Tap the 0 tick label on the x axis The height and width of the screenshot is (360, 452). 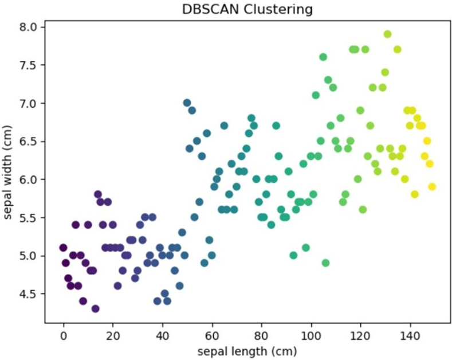coord(64,333)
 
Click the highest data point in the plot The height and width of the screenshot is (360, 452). coord(387,34)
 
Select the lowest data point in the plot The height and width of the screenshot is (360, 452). coord(95,308)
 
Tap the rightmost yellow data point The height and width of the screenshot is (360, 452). coord(432,186)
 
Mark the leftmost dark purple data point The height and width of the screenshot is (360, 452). coord(63,248)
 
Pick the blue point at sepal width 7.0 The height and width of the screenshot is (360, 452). coord(187,103)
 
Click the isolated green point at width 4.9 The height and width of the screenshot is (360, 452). coord(325,263)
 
